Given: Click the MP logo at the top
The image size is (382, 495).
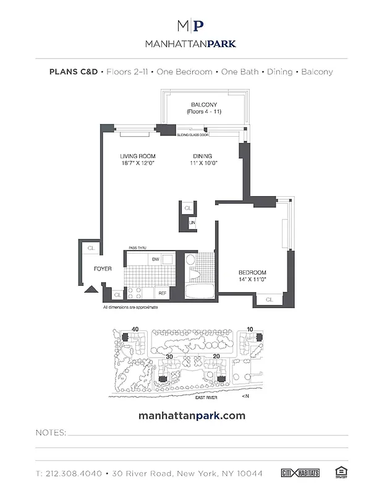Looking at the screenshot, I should click(190, 25).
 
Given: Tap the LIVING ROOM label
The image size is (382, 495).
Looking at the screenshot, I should click(138, 156).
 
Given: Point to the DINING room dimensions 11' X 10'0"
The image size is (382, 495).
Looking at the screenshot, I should click(203, 163).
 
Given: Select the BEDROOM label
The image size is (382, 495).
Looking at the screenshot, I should click(252, 273).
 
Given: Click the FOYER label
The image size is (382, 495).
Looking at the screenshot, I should click(103, 269).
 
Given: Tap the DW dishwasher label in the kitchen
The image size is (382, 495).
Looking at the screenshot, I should click(156, 259).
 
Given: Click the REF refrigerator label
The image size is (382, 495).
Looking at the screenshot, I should click(163, 293).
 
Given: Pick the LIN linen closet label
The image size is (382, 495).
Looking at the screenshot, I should click(192, 223).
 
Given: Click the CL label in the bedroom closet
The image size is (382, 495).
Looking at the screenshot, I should click(270, 299).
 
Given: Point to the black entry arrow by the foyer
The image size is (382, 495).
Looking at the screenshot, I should click(90, 288).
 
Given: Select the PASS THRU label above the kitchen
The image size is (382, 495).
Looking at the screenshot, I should click(137, 247).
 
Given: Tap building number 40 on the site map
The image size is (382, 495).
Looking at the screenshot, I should click(134, 329).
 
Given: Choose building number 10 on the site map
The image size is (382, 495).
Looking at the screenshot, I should click(250, 329).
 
